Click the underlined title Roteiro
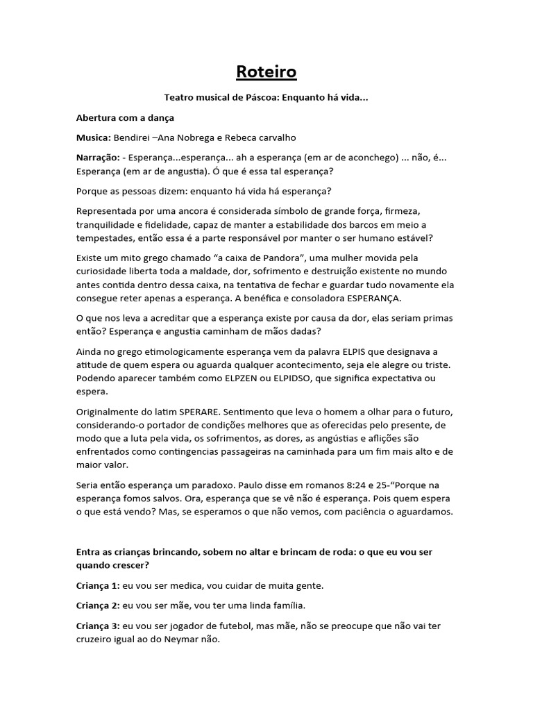[266, 72]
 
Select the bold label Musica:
[93, 137]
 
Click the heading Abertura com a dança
[125, 118]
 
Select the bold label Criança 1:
[96, 585]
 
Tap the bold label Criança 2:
[96, 605]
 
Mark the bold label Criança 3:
[96, 626]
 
